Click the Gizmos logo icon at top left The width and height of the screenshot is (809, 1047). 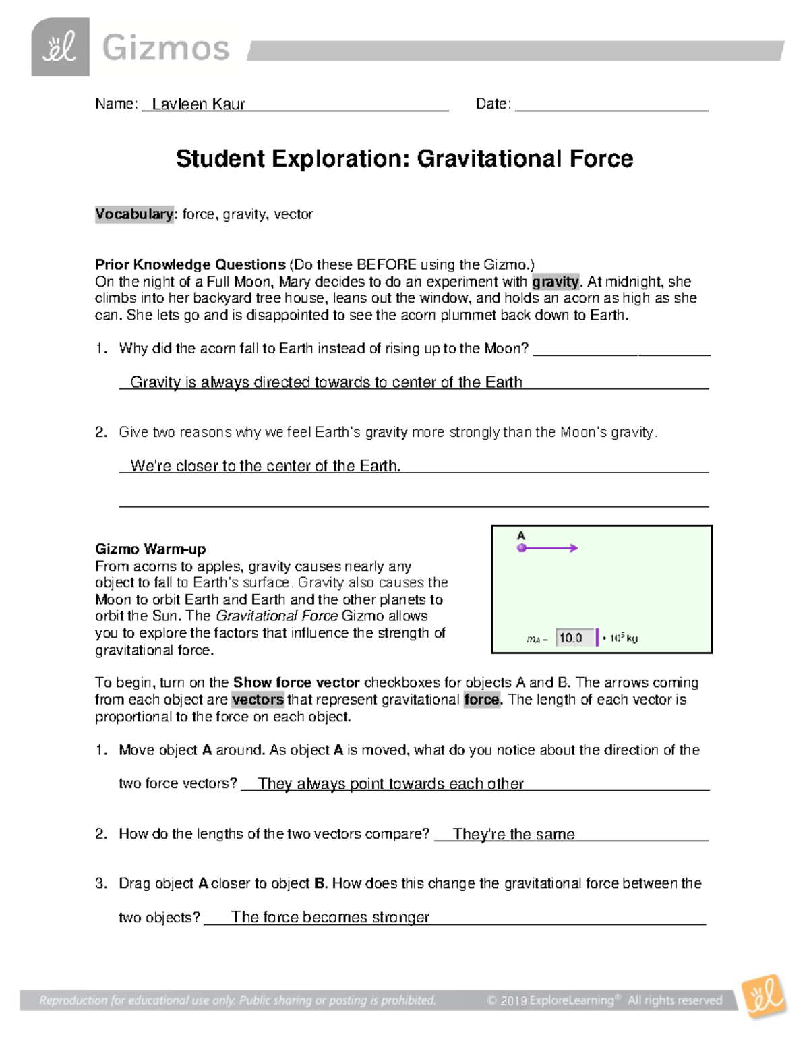pos(60,47)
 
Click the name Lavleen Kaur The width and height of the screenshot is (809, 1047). pos(198,104)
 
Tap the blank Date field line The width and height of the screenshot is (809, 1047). pos(611,104)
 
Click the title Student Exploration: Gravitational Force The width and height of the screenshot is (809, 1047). pos(404,159)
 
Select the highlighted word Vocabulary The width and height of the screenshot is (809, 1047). pos(134,214)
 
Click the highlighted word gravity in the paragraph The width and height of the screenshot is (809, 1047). pos(555,282)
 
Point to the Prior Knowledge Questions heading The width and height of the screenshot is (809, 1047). pos(190,264)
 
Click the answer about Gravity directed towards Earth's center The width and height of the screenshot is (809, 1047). pos(326,382)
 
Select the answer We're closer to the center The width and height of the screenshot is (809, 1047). pos(265,466)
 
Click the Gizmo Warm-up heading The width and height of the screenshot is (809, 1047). pos(150,549)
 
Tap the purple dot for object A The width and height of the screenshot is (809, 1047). pos(521,548)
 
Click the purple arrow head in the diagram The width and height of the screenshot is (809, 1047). pos(574,548)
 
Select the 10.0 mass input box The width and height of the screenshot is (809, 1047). pos(575,638)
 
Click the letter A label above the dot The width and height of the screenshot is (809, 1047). pos(520,535)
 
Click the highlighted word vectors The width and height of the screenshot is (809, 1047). pos(258,700)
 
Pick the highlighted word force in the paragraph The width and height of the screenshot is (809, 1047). pos(482,700)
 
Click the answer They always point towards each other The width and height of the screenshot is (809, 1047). pos(390,783)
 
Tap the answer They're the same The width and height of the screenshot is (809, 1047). pos(514,834)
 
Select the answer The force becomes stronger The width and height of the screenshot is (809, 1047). pos(330,917)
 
